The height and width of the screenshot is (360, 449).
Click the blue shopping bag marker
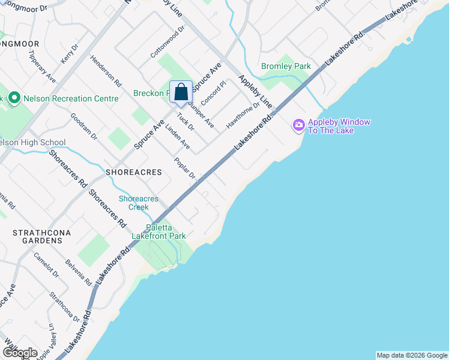[x=181, y=93]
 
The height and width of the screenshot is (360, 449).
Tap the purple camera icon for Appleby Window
[x=298, y=125]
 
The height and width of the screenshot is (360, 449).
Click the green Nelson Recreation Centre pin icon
[x=14, y=98]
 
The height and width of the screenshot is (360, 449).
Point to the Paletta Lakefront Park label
[x=166, y=232]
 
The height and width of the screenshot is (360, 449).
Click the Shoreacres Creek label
[x=139, y=203]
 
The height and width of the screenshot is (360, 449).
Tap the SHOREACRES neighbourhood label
[x=134, y=172]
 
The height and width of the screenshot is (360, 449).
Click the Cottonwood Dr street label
[x=167, y=42]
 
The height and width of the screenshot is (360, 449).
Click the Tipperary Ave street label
[x=42, y=66]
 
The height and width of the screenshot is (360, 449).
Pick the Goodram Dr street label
[x=83, y=126]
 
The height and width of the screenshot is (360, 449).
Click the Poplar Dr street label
[x=185, y=168]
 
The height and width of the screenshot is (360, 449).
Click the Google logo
[x=19, y=353]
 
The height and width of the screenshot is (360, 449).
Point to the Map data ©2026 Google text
[x=412, y=355]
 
